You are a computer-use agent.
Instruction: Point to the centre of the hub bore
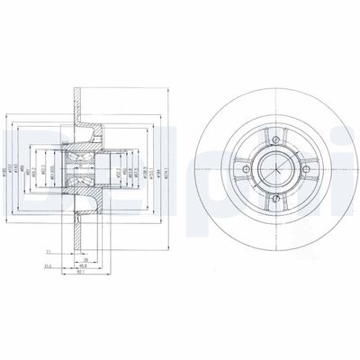[274, 168]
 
